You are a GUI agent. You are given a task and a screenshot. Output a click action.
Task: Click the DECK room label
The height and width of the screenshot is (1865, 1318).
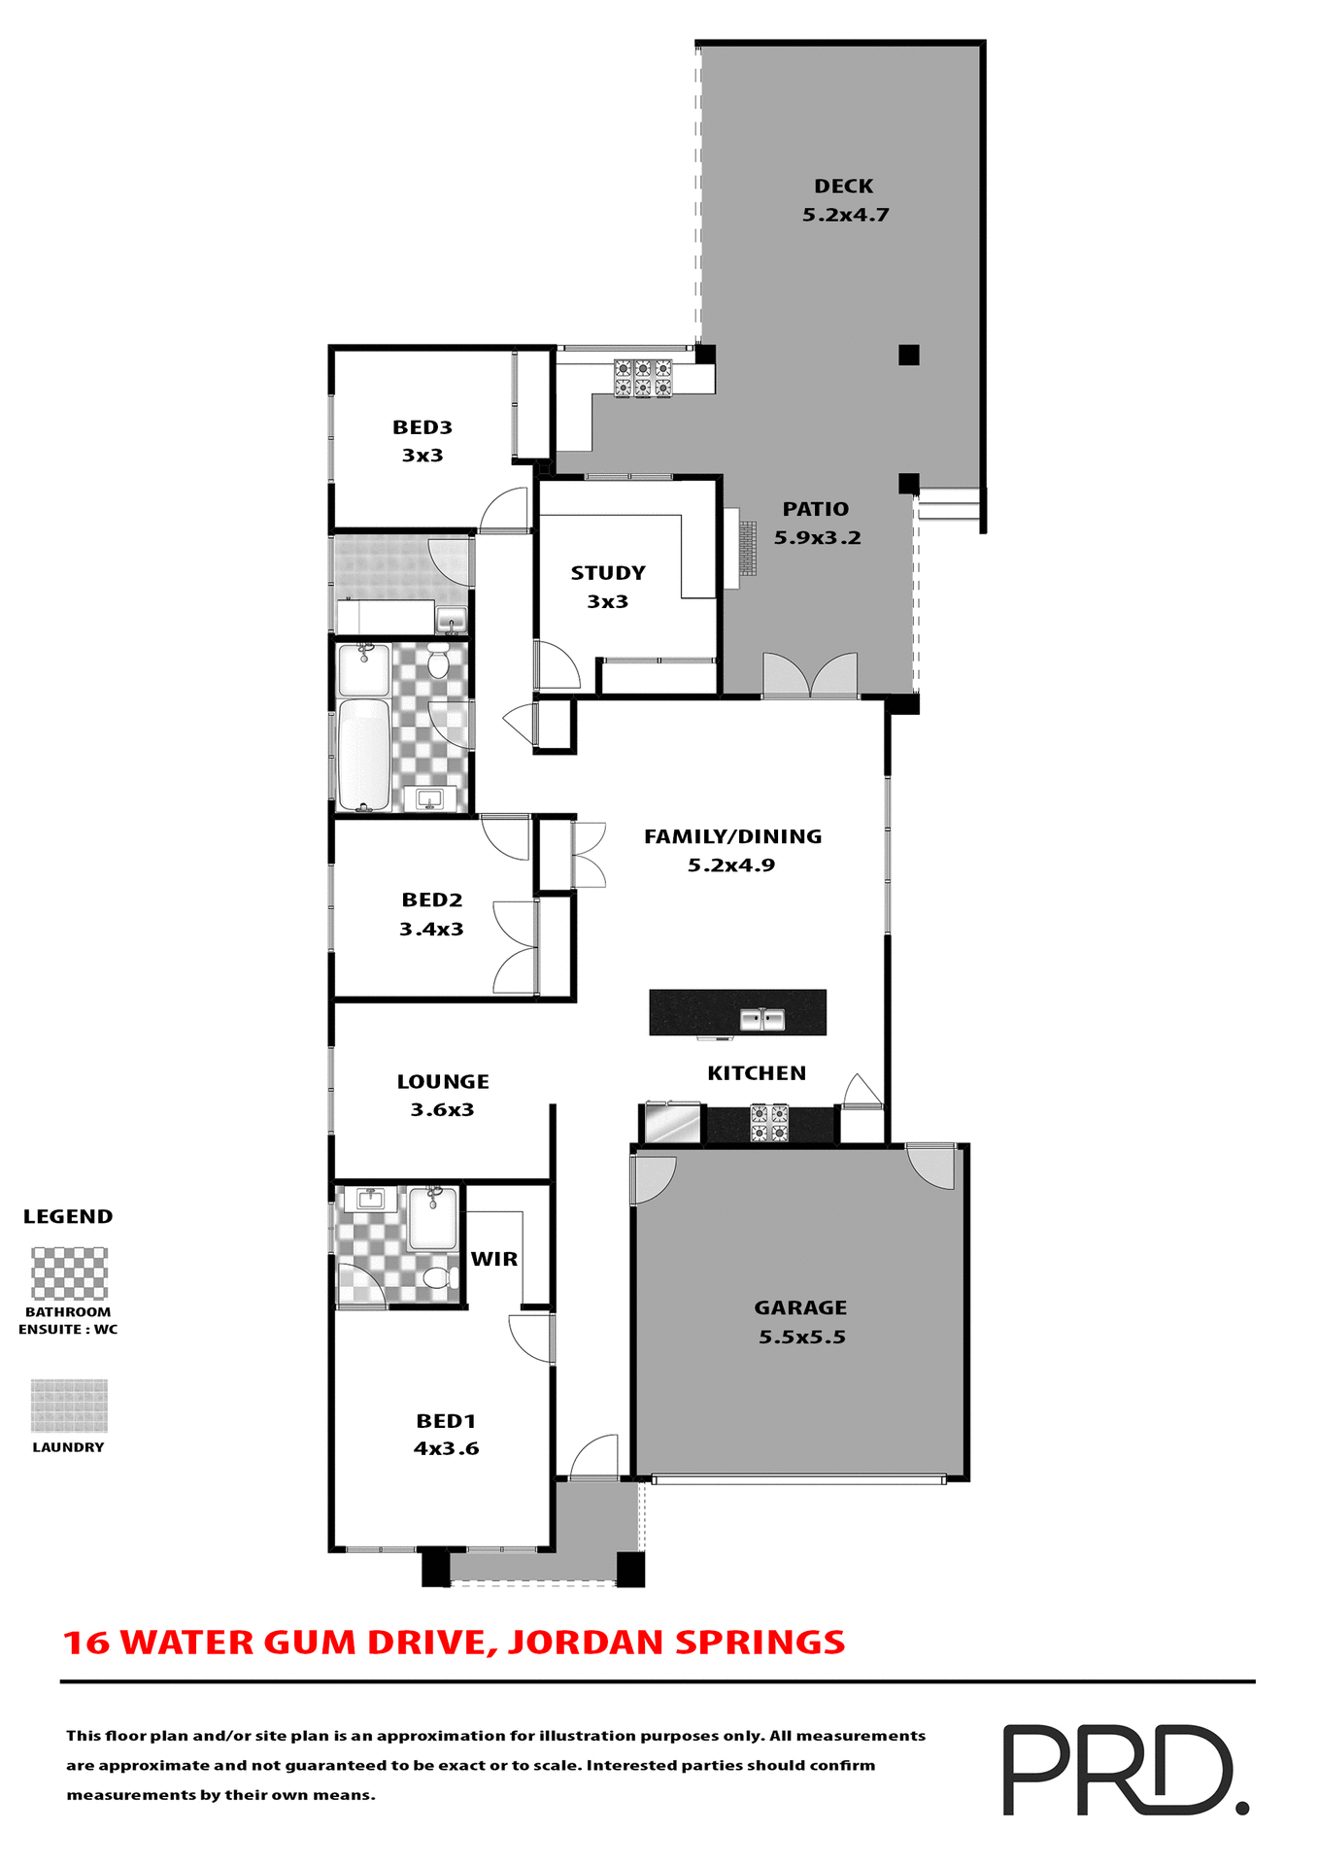(x=843, y=186)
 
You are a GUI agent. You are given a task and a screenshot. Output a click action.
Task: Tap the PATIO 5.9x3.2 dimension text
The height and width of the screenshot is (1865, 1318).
(x=817, y=538)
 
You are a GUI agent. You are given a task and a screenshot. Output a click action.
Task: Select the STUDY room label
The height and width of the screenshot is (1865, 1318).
(x=608, y=573)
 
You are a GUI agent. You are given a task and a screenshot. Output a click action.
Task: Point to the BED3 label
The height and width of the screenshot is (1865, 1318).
(x=422, y=427)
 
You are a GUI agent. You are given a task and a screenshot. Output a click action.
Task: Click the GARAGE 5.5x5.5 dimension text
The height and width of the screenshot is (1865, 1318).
(x=801, y=1338)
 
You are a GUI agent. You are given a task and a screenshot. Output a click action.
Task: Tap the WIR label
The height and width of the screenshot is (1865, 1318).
(x=494, y=1259)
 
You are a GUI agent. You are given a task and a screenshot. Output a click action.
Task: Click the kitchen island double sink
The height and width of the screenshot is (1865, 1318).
(x=762, y=1020)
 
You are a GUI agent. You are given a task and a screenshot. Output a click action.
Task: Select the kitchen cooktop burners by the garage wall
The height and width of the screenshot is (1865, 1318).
(x=769, y=1123)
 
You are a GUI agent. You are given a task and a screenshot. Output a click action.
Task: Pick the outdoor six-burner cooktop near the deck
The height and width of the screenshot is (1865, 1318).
(x=643, y=378)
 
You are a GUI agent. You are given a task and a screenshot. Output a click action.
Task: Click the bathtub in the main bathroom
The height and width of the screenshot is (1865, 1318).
(x=364, y=755)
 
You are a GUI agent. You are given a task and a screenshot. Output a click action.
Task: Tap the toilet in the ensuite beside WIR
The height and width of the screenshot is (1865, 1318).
(x=440, y=1276)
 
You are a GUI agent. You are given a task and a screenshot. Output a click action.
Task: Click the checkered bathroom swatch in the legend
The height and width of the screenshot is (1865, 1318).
(x=69, y=1273)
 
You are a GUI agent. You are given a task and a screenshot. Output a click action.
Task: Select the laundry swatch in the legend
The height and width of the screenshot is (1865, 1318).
(x=69, y=1406)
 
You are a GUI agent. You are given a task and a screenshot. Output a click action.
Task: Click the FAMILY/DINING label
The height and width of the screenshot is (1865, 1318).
(x=732, y=836)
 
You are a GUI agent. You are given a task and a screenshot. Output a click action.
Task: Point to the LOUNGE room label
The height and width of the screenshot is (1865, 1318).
(x=443, y=1082)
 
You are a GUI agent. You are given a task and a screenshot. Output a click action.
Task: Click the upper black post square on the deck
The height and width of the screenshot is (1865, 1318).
(x=908, y=355)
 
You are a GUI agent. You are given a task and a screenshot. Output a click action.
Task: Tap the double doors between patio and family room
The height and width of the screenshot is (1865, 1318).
(x=810, y=676)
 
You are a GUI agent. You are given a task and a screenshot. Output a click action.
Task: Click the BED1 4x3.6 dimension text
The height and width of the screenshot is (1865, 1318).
(x=446, y=1449)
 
